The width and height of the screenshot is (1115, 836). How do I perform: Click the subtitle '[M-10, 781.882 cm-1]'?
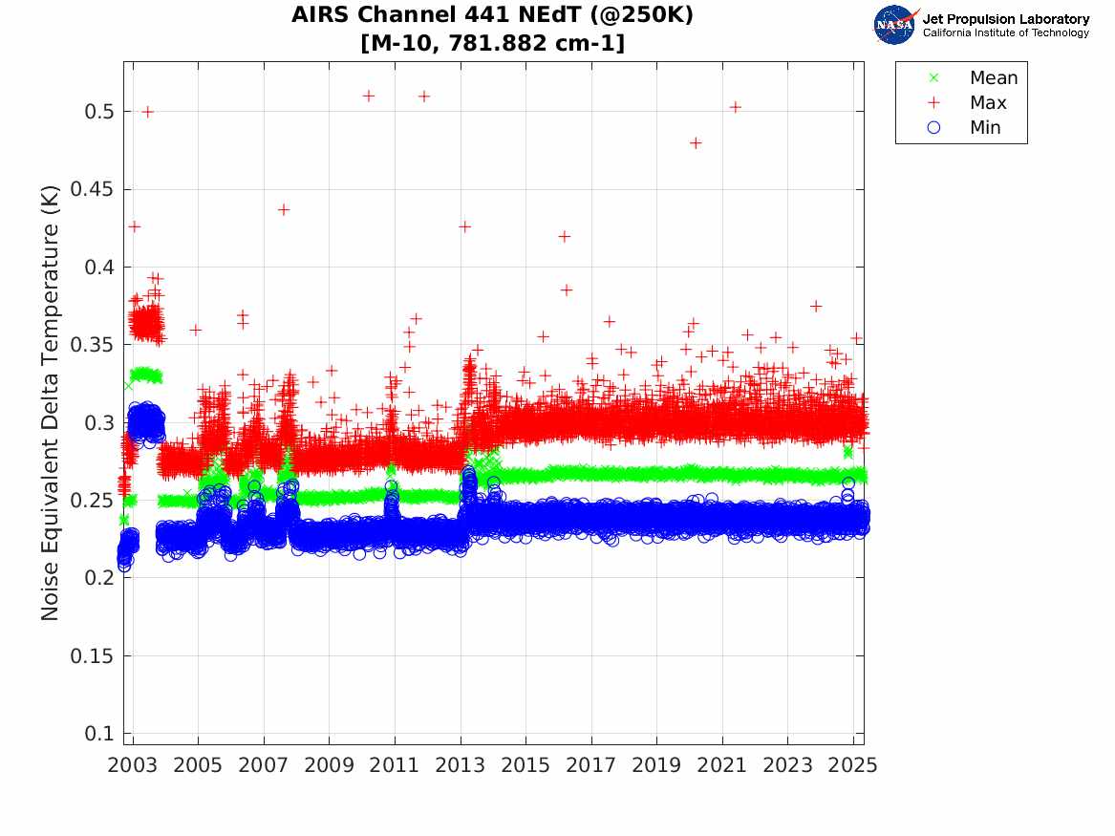(492, 43)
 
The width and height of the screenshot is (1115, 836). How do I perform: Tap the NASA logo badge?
(894, 25)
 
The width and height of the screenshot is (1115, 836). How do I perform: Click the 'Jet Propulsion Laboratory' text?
(1005, 19)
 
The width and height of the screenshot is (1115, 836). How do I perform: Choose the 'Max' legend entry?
(988, 103)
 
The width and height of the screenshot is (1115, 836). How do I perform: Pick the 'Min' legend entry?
(985, 128)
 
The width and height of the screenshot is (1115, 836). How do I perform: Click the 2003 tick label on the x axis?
(133, 765)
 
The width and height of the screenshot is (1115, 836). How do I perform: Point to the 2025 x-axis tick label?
(853, 765)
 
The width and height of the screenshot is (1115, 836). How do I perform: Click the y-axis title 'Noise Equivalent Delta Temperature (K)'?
(51, 403)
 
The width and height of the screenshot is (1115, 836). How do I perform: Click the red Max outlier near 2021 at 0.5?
(735, 107)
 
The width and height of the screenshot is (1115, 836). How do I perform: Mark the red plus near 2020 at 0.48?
(696, 143)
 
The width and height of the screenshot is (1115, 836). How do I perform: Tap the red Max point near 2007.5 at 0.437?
(284, 210)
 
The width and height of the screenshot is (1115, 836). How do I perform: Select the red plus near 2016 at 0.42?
(564, 236)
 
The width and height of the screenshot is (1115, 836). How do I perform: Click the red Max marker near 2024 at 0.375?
(816, 306)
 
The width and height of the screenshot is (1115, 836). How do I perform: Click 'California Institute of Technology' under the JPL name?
(1005, 33)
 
